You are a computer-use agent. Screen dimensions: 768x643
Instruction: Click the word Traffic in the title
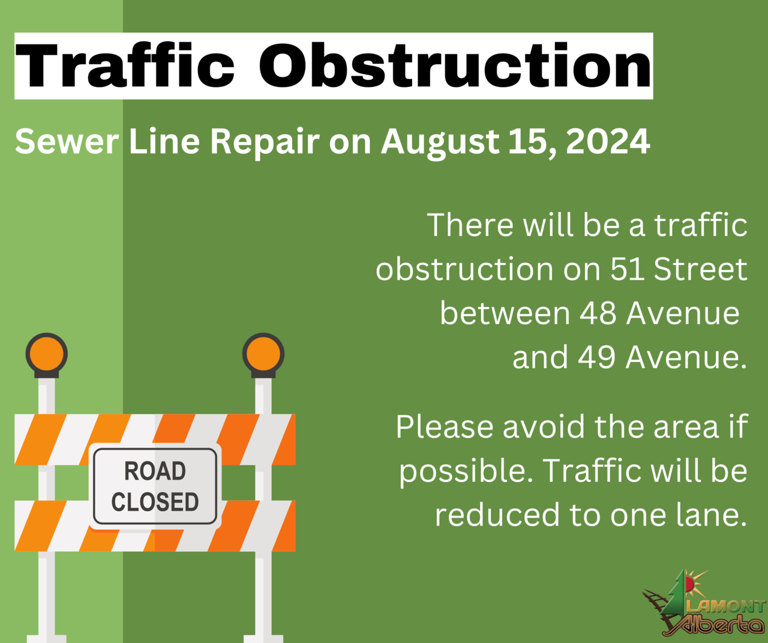(125, 65)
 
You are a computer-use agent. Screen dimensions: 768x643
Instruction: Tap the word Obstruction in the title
(455, 65)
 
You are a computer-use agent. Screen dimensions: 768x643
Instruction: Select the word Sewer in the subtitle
(67, 141)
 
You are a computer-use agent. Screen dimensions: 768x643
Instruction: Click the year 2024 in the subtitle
(608, 141)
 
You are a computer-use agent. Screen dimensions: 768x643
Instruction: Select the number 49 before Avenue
(597, 357)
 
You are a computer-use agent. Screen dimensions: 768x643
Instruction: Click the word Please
(445, 427)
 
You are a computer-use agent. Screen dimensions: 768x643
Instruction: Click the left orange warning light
(46, 354)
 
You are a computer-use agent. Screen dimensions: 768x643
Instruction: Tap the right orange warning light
(263, 354)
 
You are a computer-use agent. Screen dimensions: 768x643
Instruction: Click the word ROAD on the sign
(155, 470)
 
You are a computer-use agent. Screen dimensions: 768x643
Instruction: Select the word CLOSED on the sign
(155, 502)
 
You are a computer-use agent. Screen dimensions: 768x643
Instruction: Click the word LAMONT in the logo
(726, 607)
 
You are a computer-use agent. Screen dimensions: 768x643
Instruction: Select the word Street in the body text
(700, 269)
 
